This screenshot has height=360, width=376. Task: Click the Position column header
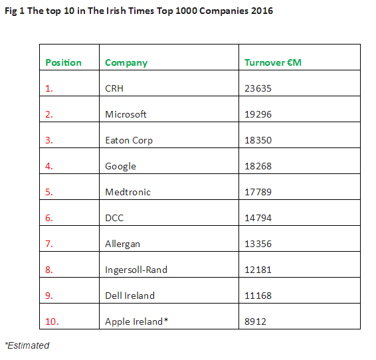pos(64,62)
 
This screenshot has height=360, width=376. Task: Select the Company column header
pos(126,63)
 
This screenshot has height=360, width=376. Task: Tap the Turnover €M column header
pos(273,62)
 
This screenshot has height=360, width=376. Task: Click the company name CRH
pos(114,88)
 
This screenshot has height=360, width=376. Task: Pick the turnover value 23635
pos(258,88)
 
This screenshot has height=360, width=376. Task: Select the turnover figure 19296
pos(258,114)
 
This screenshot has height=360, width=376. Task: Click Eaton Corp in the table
pos(129,140)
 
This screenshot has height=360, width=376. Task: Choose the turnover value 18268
pos(258,166)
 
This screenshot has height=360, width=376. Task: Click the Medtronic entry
pos(128,192)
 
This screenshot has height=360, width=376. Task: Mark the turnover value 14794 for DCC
pos(258,218)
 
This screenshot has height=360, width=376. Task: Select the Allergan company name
pos(122,244)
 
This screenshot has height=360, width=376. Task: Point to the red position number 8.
pos(49,270)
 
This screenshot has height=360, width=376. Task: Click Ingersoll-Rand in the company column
pos(136,270)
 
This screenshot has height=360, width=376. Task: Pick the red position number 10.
pos(52,321)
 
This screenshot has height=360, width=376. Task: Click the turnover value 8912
pos(255,321)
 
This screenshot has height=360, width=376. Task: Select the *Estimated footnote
pos(27,345)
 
